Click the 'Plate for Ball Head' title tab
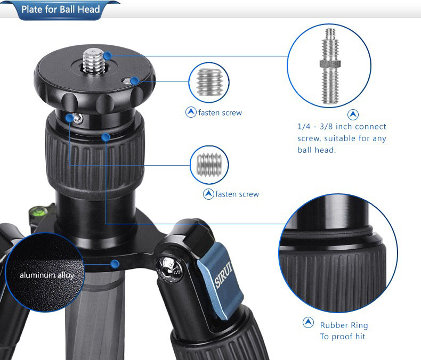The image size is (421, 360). [61, 10]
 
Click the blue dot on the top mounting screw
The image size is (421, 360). [108, 56]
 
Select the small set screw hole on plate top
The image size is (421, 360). [126, 81]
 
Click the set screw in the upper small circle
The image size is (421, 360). [209, 82]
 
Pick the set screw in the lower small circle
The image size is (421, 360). [209, 165]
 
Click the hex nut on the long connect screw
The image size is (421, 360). [330, 64]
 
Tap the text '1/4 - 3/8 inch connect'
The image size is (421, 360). [342, 126]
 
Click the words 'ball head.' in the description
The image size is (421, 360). [317, 150]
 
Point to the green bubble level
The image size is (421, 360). [38, 210]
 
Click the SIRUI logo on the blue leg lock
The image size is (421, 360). [223, 274]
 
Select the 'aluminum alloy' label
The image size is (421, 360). [47, 275]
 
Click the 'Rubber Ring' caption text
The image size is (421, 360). [344, 325]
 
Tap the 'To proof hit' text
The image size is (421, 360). [343, 337]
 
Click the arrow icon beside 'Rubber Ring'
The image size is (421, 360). [308, 322]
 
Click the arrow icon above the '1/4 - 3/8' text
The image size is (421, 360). [353, 114]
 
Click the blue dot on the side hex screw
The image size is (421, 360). [69, 118]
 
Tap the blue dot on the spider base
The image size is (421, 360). [115, 264]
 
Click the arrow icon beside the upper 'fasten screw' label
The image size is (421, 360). [191, 112]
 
